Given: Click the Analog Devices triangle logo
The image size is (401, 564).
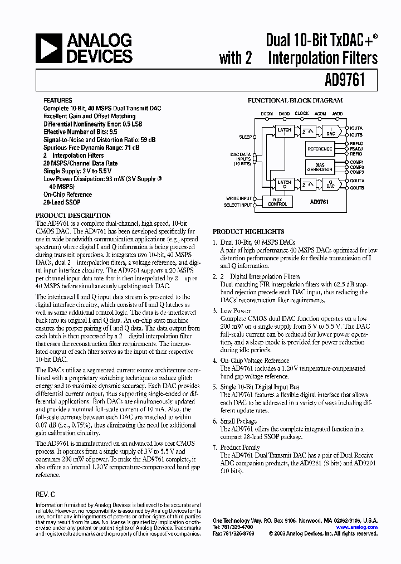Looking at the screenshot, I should tap(48, 48).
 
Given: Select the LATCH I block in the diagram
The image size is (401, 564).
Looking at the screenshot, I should tap(284, 132).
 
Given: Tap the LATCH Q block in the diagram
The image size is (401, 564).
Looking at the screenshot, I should tap(284, 184).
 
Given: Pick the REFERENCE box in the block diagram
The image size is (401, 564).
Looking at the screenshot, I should tap(320, 149).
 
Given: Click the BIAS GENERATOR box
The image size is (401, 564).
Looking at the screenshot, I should tap(320, 167).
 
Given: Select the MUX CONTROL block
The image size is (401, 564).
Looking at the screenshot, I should tap(277, 202).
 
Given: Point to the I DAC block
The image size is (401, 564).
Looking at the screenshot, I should tap(330, 132).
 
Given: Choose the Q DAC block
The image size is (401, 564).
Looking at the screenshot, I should tap(330, 184).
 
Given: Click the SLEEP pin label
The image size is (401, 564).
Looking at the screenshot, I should tap(245, 137).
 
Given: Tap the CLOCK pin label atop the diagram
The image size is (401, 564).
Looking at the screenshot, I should tap(301, 113).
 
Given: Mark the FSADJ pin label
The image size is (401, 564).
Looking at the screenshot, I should tap(356, 149).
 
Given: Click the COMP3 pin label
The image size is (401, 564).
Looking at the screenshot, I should tap(357, 172).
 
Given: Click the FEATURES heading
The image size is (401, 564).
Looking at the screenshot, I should tap(57, 101).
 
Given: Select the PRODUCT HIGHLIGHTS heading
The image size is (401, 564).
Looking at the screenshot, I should tap(248, 231).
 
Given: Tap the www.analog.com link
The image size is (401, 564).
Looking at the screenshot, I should tap(357, 527).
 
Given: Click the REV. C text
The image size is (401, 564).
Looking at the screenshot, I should tap(45, 494).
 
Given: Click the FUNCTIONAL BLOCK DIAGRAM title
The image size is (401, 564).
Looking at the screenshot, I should tap(295, 101).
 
